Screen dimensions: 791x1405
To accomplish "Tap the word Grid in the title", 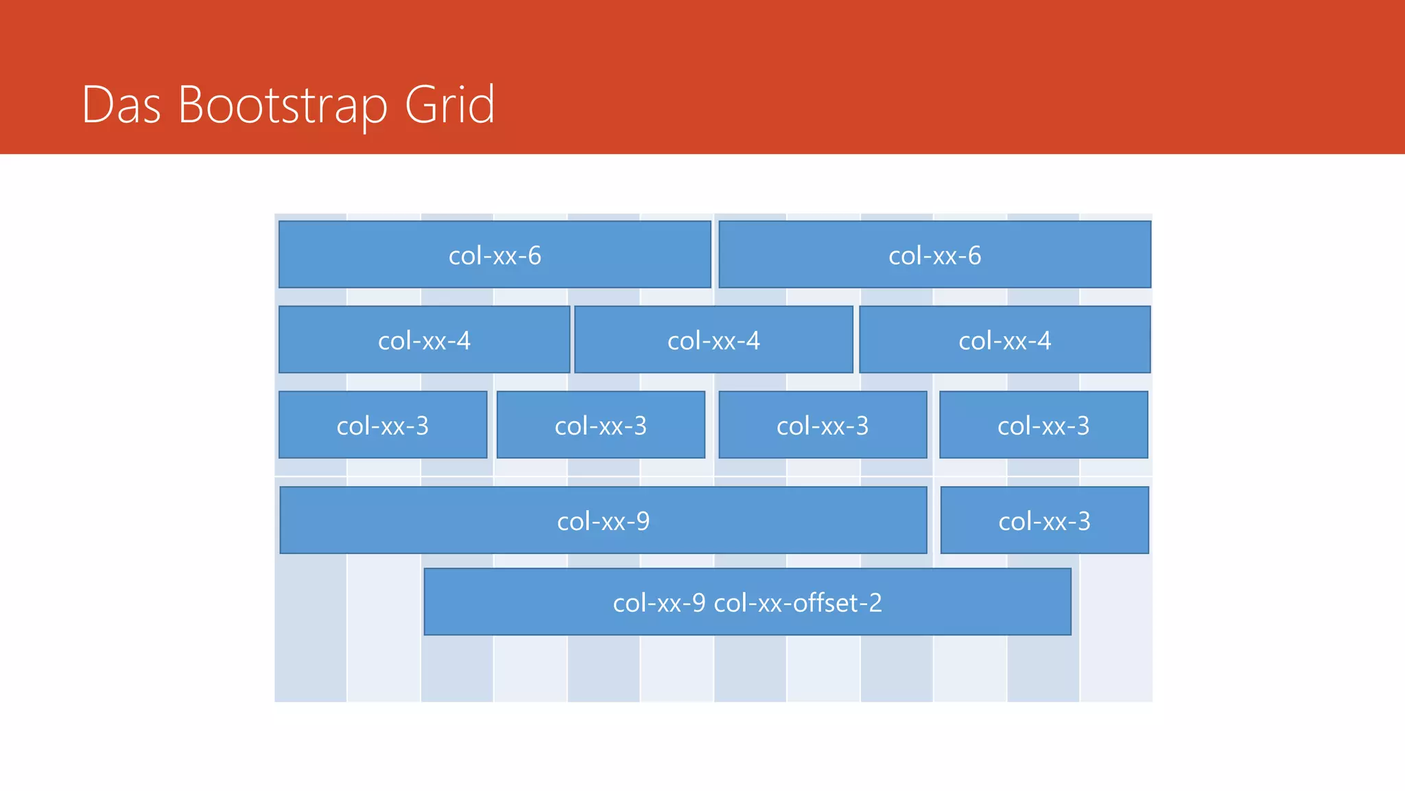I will click(x=449, y=105).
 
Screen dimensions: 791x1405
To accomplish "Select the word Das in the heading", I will click(x=121, y=105).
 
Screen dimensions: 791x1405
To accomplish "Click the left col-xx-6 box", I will click(x=495, y=255).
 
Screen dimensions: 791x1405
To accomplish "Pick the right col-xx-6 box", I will click(x=934, y=255).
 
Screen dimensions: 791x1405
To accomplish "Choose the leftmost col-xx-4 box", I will click(x=424, y=340).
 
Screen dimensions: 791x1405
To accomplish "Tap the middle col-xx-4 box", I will click(x=713, y=340).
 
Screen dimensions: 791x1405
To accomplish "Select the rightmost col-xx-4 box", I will click(x=1004, y=340).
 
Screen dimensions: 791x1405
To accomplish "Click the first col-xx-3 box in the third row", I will click(x=383, y=425).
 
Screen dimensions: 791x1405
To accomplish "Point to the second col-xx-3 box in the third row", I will click(x=600, y=425).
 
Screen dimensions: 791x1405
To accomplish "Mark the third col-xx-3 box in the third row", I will click(x=823, y=425).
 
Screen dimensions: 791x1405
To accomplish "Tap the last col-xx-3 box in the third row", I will click(x=1043, y=425).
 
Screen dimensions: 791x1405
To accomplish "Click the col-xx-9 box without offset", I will click(x=603, y=520).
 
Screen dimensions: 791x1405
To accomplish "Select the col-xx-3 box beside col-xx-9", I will click(x=1044, y=520).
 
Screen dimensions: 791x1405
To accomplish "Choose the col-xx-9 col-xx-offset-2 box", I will click(x=747, y=602).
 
